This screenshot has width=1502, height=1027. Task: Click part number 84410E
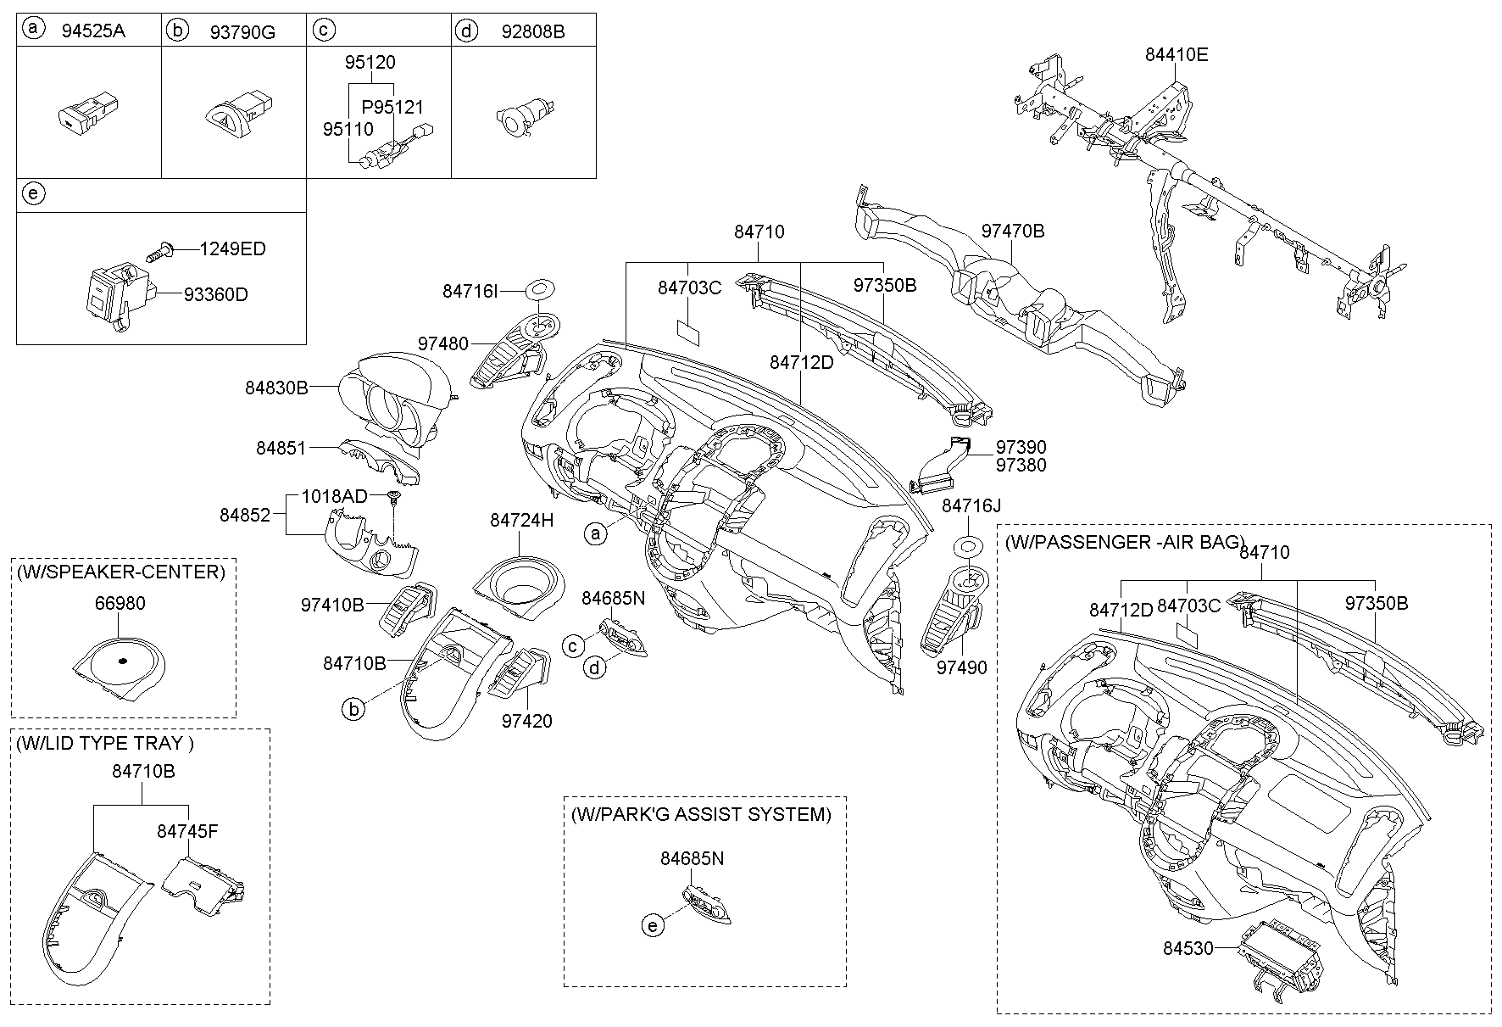point(1176,55)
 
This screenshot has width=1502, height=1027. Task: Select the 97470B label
point(1012,231)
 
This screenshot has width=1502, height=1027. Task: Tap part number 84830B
point(276,388)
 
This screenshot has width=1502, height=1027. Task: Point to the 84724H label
point(521,521)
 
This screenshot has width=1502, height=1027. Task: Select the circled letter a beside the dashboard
point(597,533)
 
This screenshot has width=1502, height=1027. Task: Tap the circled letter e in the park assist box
point(652,925)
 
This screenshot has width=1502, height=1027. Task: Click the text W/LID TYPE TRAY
point(104,744)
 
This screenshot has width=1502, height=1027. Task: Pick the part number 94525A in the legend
point(93,32)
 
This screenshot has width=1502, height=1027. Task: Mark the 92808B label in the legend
point(533,32)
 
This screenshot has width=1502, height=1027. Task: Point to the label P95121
point(392,108)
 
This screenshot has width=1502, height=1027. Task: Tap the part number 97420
point(526,722)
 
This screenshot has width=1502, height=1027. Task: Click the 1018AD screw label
point(335,496)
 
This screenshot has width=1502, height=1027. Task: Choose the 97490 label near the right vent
point(961,668)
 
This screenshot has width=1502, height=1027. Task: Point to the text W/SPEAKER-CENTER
point(120,572)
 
